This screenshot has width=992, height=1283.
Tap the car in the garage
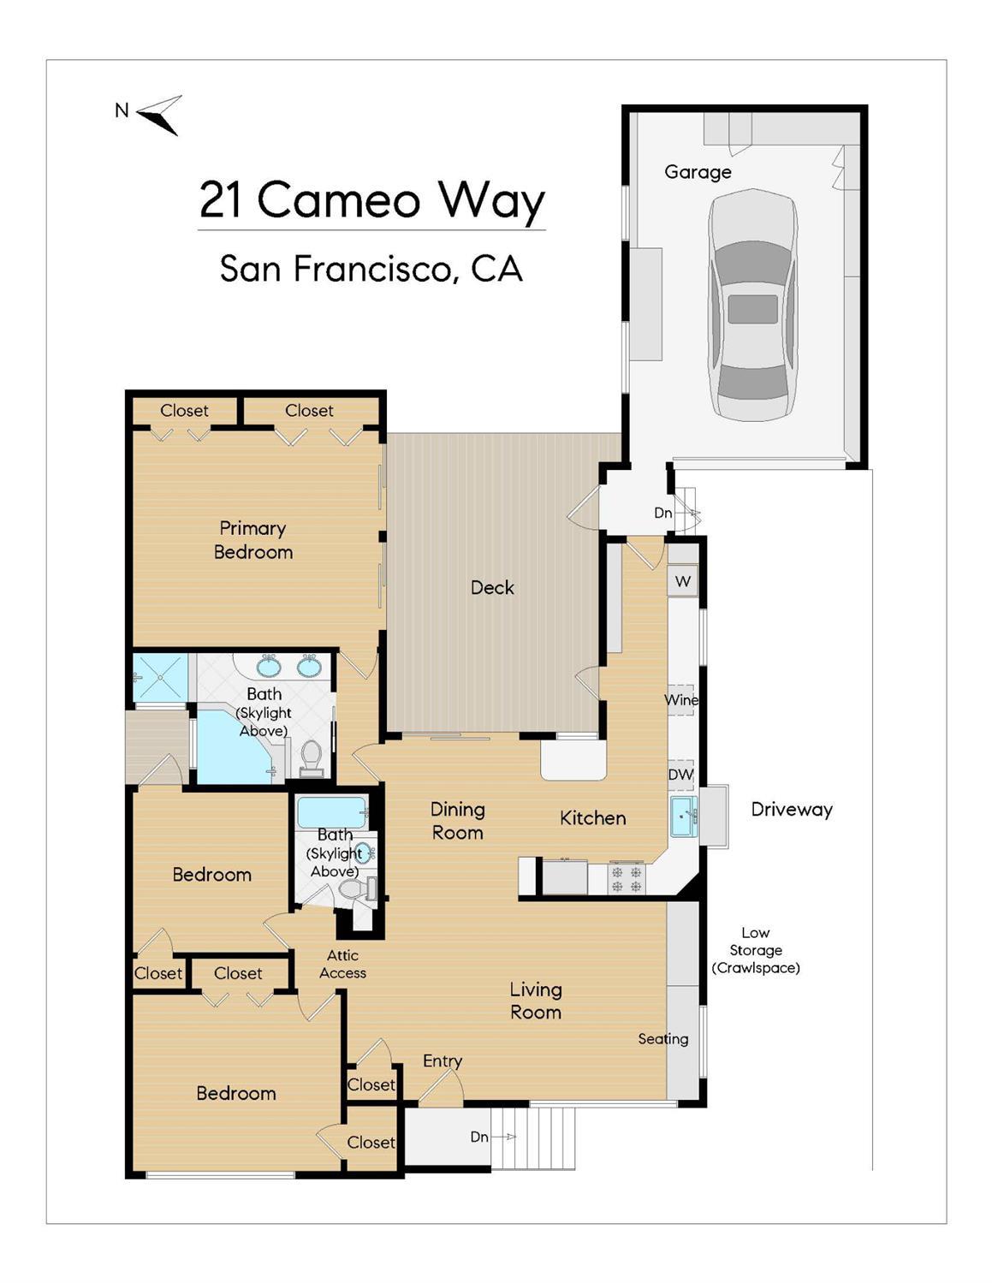[x=751, y=306]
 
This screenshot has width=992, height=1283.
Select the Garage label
[x=698, y=172]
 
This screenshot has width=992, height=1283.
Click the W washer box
[x=683, y=582]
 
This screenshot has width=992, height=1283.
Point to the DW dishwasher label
[x=680, y=775]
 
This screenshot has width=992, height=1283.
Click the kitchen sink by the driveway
[x=684, y=817]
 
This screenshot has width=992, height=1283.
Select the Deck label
[x=492, y=588]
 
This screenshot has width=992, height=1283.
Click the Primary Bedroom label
[x=253, y=540]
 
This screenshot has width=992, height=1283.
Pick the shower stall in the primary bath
[x=160, y=678]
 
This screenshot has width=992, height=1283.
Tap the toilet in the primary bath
[x=311, y=757]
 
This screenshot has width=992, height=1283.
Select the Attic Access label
[x=342, y=965]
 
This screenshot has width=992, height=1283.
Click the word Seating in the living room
[x=662, y=1039]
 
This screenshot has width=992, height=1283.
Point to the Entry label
[x=443, y=1061]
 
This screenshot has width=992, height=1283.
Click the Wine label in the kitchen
[x=681, y=700]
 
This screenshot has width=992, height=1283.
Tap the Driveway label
[x=791, y=810]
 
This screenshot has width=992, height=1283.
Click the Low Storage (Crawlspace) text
[x=755, y=950]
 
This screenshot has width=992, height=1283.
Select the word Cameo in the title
[x=338, y=200]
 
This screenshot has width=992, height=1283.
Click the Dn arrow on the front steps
[x=505, y=1137]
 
